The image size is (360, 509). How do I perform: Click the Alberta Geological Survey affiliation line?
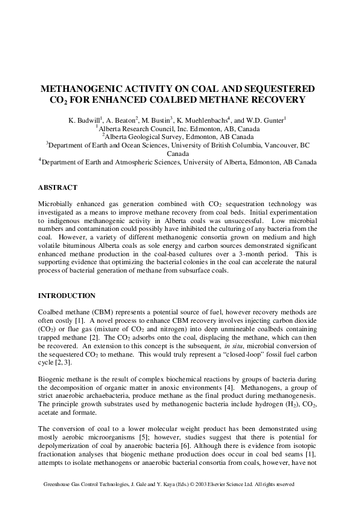[x=180, y=137]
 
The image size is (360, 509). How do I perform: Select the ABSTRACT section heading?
[x=58, y=188]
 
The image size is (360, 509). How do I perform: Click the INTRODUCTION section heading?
[x=67, y=296]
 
